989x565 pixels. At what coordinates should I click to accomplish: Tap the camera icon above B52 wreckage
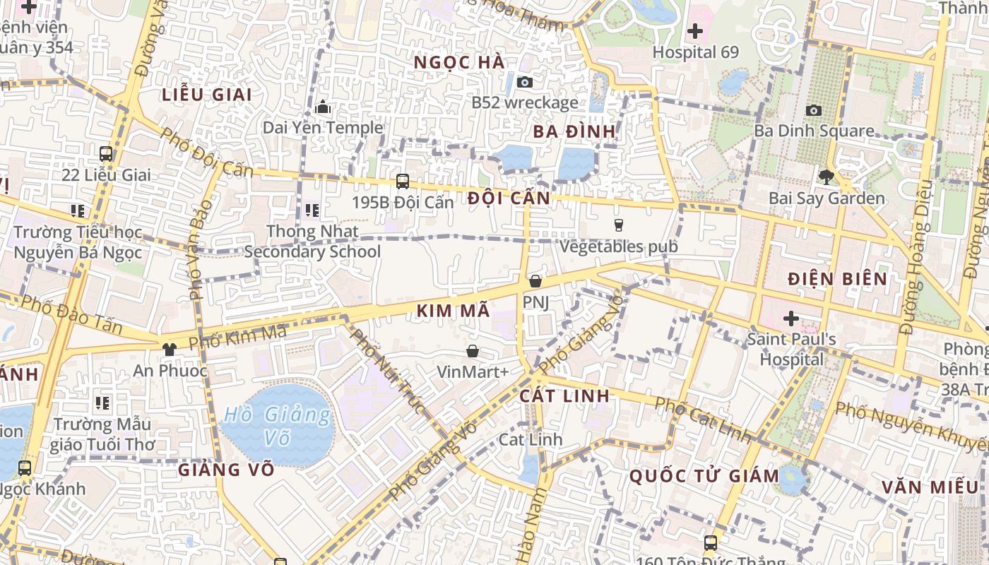click(524, 82)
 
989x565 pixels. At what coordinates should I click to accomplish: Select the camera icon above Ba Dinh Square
click(814, 110)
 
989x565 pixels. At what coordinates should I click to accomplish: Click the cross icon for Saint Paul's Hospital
click(791, 319)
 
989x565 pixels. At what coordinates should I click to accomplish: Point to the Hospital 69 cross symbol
click(695, 31)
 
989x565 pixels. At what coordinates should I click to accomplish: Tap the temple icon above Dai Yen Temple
click(323, 107)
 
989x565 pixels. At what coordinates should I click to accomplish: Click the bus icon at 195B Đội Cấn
click(403, 182)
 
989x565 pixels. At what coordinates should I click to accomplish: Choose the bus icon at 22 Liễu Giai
click(106, 154)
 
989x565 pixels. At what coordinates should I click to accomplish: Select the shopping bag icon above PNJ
click(535, 281)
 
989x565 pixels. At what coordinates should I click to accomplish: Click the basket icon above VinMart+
click(473, 351)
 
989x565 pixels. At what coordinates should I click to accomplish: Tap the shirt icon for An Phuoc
click(169, 349)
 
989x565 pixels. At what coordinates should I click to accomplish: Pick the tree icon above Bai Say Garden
click(826, 177)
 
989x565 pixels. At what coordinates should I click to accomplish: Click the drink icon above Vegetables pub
click(619, 225)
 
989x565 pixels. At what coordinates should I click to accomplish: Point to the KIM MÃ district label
click(453, 311)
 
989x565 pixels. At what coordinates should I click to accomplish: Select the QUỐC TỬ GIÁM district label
click(704, 475)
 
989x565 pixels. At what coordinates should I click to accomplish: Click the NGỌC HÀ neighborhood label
click(459, 62)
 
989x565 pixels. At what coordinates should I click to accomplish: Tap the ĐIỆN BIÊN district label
click(837, 278)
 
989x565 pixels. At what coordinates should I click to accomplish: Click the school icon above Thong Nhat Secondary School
click(312, 210)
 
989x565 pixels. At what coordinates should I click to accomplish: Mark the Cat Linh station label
click(531, 439)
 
